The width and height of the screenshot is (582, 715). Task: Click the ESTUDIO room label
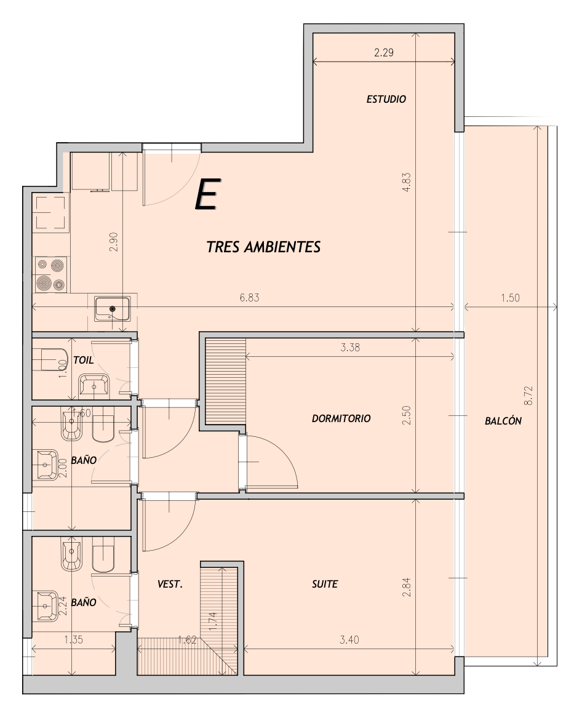[x=386, y=99]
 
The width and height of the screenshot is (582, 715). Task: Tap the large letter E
[x=207, y=194]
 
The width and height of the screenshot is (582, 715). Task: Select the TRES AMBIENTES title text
[x=263, y=247]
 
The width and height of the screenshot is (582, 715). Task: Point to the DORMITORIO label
[x=341, y=418]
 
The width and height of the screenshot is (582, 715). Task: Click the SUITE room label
[x=325, y=584]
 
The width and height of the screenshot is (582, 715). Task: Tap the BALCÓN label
[x=503, y=420]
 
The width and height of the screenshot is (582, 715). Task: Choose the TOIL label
[x=84, y=360]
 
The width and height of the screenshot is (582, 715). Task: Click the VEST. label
[x=170, y=584]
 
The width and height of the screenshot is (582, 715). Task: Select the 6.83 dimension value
[x=249, y=298]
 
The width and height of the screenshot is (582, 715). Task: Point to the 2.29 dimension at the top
[x=384, y=52]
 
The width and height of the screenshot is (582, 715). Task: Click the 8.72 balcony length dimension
[x=528, y=396]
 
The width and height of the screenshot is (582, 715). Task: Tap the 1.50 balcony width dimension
[x=510, y=298]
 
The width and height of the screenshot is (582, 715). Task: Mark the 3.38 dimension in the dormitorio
[x=350, y=348]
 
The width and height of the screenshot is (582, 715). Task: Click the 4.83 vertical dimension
[x=407, y=182]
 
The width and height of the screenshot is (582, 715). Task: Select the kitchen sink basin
[x=112, y=309]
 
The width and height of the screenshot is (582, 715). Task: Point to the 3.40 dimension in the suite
[x=349, y=640]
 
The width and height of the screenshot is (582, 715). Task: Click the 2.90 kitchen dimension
[x=113, y=242]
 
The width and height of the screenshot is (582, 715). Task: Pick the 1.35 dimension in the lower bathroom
[x=73, y=640]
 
